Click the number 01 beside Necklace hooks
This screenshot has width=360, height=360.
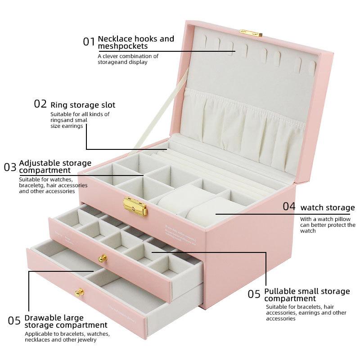89,42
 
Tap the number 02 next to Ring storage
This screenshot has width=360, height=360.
40,104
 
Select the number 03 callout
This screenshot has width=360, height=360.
10,167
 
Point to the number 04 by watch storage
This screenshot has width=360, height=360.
289,207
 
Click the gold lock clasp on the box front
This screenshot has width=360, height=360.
135,206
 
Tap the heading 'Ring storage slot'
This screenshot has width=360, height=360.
83,105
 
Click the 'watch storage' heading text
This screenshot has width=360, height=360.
328,207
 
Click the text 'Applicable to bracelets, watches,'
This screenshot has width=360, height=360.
67,334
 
